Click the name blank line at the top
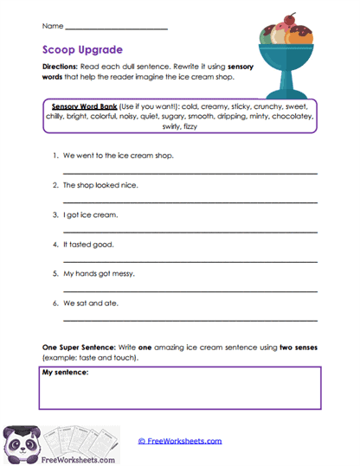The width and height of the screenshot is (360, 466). coord(116,29)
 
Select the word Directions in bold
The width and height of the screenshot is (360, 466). coord(59,67)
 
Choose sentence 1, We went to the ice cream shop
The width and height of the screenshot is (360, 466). coord(118,156)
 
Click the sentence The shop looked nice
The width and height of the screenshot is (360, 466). coord(100,185)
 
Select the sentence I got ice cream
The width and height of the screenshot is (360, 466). coord(90,214)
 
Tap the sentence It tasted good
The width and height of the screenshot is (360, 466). coord(88,244)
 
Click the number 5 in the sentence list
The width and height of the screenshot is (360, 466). coord(55,273)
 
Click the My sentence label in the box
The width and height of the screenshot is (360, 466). coord(65,373)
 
